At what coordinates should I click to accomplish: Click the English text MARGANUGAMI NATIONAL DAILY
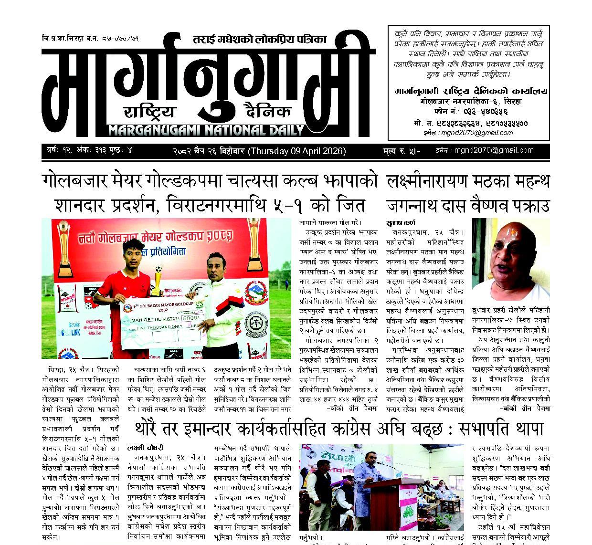(206, 130)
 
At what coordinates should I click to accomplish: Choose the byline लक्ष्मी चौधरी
(145, 448)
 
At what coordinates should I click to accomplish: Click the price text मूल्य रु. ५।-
(401, 151)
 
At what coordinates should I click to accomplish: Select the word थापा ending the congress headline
(523, 429)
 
